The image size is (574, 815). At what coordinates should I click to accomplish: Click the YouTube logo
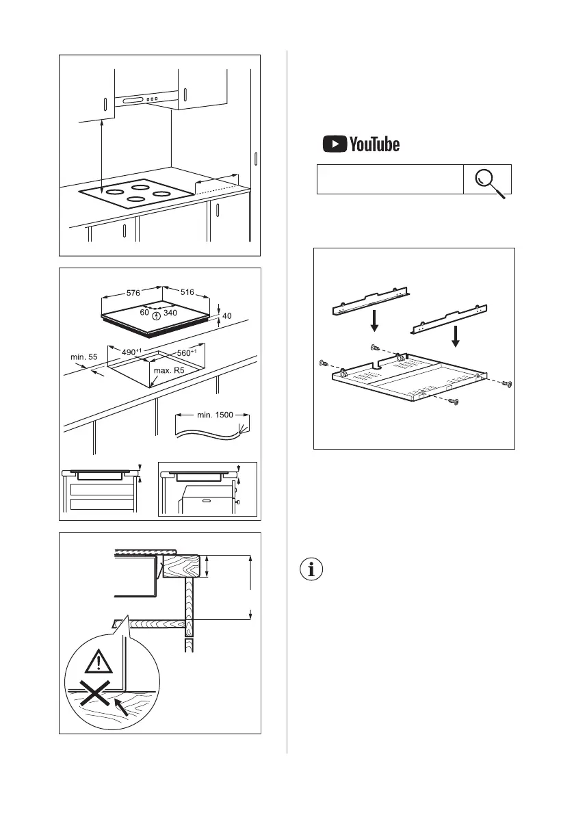click(361, 144)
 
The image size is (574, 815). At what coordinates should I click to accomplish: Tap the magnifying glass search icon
click(488, 179)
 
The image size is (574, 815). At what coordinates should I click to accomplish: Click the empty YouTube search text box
click(389, 179)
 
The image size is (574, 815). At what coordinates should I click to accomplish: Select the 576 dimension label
click(133, 293)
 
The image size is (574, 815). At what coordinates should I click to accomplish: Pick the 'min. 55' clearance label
click(84, 357)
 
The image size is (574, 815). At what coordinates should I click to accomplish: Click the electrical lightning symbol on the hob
click(157, 317)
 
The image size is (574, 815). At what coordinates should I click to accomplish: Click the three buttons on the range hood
click(152, 100)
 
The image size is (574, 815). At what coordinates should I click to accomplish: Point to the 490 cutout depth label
click(133, 352)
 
